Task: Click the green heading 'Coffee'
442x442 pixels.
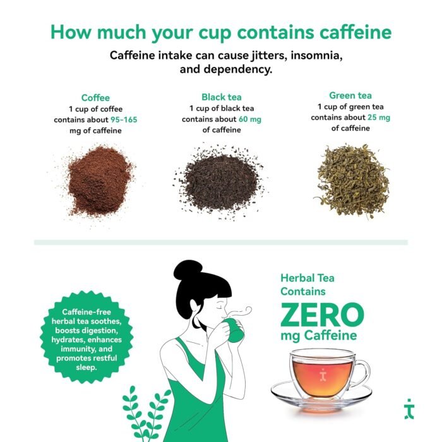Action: (x=95, y=98)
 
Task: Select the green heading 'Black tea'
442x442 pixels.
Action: (x=221, y=97)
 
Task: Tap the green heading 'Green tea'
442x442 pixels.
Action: (x=350, y=95)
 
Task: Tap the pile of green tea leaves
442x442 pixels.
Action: (x=352, y=179)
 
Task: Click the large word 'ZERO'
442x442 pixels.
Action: (x=322, y=314)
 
